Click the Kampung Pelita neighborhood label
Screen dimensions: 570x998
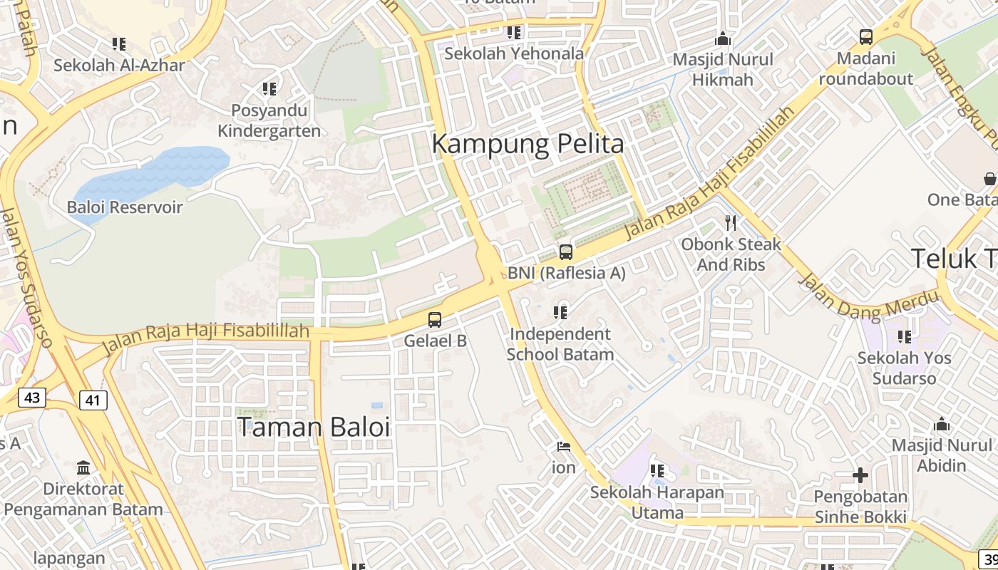click(x=528, y=144)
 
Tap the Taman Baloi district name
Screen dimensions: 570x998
click(x=314, y=427)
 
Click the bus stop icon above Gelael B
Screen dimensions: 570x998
click(x=435, y=319)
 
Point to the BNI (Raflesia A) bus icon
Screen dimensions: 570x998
click(x=565, y=252)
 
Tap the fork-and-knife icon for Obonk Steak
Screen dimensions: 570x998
click(x=731, y=223)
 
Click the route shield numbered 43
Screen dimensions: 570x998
click(x=31, y=397)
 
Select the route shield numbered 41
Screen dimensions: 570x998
click(x=93, y=400)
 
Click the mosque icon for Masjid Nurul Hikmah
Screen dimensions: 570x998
click(x=723, y=38)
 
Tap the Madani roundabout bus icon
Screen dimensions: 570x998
click(x=865, y=36)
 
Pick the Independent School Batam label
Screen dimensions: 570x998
click(x=560, y=344)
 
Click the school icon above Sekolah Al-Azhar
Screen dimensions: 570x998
click(x=119, y=44)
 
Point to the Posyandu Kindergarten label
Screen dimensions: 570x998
click(x=269, y=120)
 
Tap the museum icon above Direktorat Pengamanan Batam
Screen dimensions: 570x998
click(x=83, y=467)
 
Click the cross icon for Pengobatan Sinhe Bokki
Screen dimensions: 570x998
click(x=860, y=475)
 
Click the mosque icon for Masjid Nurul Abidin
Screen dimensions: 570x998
click(x=942, y=425)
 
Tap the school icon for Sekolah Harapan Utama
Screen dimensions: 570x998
click(x=657, y=471)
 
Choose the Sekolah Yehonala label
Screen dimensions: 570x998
click(x=514, y=53)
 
